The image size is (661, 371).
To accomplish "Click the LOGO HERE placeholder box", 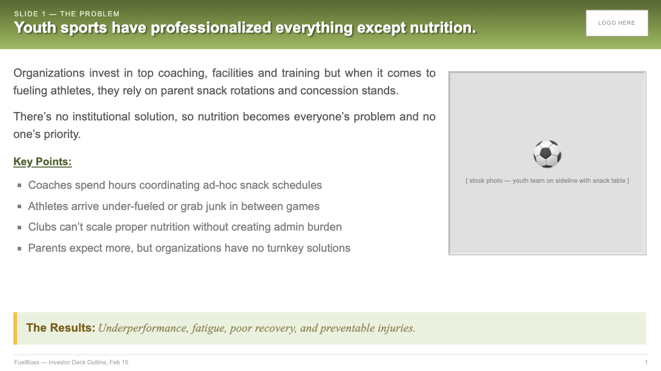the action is (x=617, y=23).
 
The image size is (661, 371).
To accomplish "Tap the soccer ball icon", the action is (x=547, y=154).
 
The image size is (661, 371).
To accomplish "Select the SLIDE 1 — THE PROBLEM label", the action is (x=67, y=14).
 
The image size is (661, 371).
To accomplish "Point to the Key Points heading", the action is (x=42, y=162).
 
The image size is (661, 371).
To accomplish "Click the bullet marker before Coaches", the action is (x=19, y=185).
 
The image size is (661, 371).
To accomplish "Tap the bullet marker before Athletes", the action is (x=19, y=206).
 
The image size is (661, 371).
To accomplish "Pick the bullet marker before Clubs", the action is (x=19, y=227).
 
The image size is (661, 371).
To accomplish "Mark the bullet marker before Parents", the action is (x=19, y=248).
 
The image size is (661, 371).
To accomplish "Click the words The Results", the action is (x=61, y=327).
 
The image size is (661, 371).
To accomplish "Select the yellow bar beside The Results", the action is (x=15, y=329).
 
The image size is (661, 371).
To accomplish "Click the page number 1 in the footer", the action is (x=646, y=362).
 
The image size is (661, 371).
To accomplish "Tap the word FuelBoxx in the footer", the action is (x=27, y=362).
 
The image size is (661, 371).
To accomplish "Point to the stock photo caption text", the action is (x=547, y=180).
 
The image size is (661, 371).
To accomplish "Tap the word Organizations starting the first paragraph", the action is (x=49, y=73).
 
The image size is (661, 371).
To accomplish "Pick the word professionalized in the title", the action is (x=211, y=28).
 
